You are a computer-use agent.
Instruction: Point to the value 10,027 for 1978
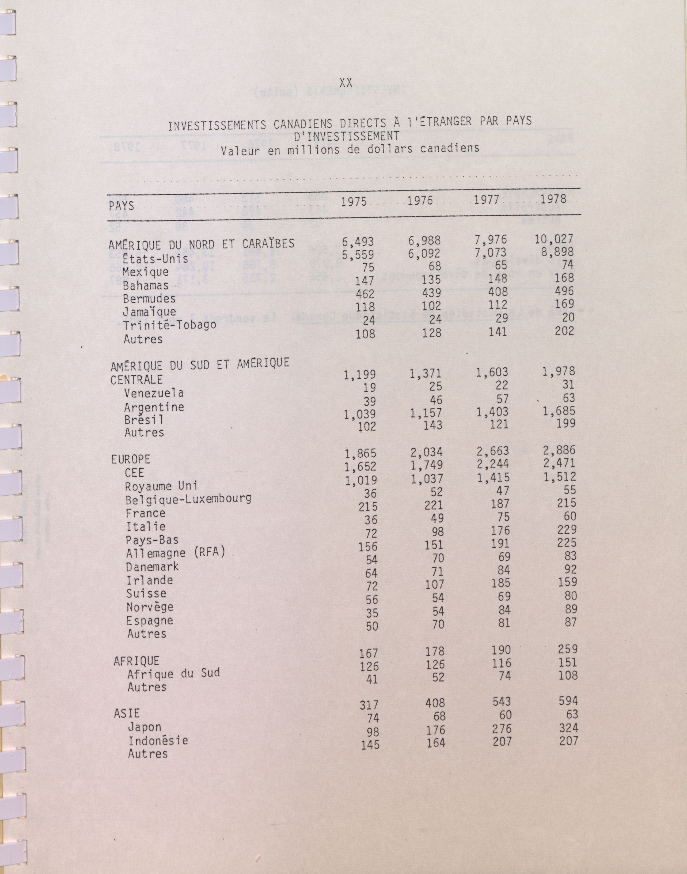pyautogui.click(x=554, y=239)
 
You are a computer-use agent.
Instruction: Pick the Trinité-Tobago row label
pyautogui.click(x=170, y=325)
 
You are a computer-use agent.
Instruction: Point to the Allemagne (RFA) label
pyautogui.click(x=175, y=553)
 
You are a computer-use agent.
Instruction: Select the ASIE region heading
pyautogui.click(x=127, y=713)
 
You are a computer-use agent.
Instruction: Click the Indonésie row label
pyautogui.click(x=158, y=740)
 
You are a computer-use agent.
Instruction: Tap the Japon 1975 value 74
pyautogui.click(x=370, y=718)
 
